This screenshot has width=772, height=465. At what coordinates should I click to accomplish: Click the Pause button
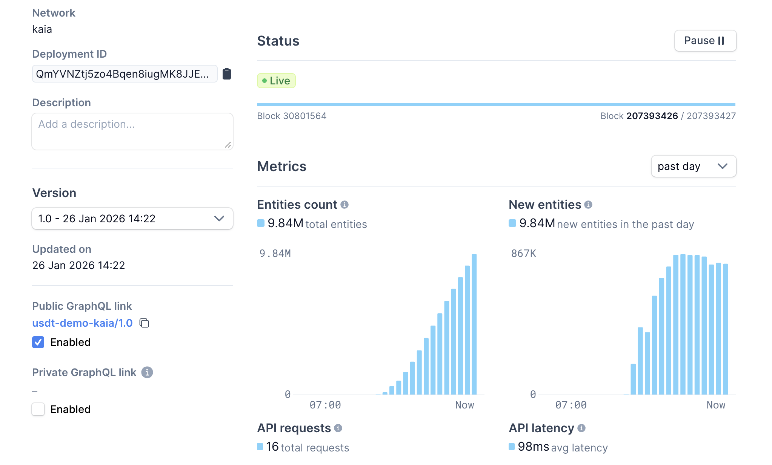click(705, 41)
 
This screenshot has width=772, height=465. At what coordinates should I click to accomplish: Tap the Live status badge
click(276, 81)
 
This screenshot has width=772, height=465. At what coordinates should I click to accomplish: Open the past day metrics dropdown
click(693, 166)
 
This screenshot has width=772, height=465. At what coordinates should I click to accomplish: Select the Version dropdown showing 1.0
click(132, 219)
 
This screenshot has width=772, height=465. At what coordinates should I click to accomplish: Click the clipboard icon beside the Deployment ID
click(227, 74)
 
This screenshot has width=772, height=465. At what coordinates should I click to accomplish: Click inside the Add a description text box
click(132, 131)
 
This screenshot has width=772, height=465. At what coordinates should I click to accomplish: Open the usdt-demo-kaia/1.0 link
click(82, 323)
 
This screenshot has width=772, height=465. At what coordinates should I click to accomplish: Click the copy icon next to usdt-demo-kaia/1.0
click(145, 323)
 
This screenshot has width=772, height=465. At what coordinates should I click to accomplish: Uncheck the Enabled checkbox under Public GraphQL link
click(38, 342)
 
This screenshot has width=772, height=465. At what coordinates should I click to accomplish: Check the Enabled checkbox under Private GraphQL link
click(38, 409)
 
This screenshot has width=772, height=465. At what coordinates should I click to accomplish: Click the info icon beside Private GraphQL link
click(147, 372)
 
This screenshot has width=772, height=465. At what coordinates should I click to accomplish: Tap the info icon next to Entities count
click(344, 205)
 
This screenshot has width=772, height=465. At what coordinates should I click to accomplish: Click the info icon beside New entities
click(588, 205)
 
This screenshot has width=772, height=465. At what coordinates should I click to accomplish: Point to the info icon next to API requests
click(338, 428)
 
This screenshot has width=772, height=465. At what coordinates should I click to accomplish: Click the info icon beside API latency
click(581, 428)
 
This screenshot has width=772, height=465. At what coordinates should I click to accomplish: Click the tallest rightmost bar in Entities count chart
click(474, 324)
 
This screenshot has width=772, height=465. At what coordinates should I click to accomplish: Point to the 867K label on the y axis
click(523, 254)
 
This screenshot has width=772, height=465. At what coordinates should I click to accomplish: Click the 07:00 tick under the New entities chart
click(571, 405)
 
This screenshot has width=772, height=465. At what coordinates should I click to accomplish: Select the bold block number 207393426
click(652, 116)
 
